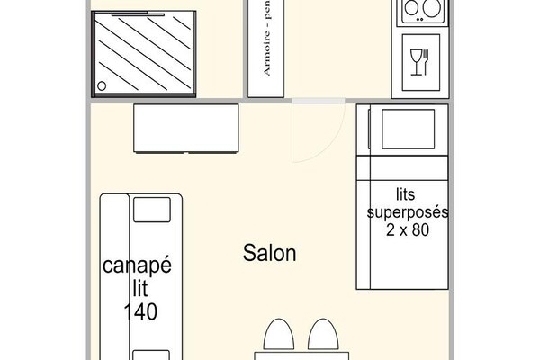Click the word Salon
pos(270,254)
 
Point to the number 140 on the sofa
pos(140,311)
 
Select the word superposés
pos(408,212)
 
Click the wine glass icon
pos(416,60)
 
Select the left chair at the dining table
pos(278,338)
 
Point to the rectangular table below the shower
pos(186,129)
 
